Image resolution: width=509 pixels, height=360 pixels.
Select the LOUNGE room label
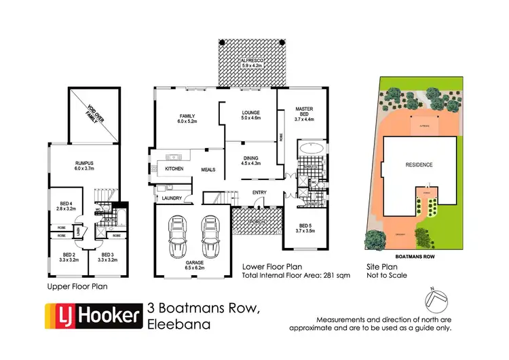coord(250,114)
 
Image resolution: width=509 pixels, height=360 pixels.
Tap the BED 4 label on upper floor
coord(66,205)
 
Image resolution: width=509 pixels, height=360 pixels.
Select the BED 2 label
coord(65,257)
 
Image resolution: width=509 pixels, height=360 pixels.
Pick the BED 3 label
coord(106,257)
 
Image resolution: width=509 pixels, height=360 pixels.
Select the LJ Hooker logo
coord(92,317)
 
